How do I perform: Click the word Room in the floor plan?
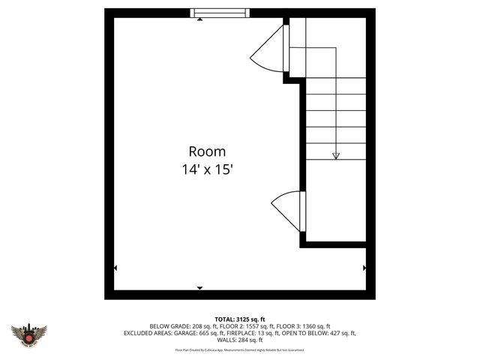[x=207, y=151]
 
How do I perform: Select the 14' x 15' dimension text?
[x=207, y=169]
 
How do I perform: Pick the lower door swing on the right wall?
[x=287, y=210]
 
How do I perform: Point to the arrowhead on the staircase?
[x=335, y=156]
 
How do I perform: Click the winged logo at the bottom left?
[x=28, y=334]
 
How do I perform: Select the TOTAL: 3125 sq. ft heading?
[x=239, y=319]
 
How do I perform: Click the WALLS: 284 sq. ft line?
[x=240, y=340]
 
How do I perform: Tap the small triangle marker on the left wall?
[x=115, y=268]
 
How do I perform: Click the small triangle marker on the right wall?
[x=364, y=268]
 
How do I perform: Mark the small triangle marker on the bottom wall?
[x=199, y=288]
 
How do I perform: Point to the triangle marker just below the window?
[x=199, y=20]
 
